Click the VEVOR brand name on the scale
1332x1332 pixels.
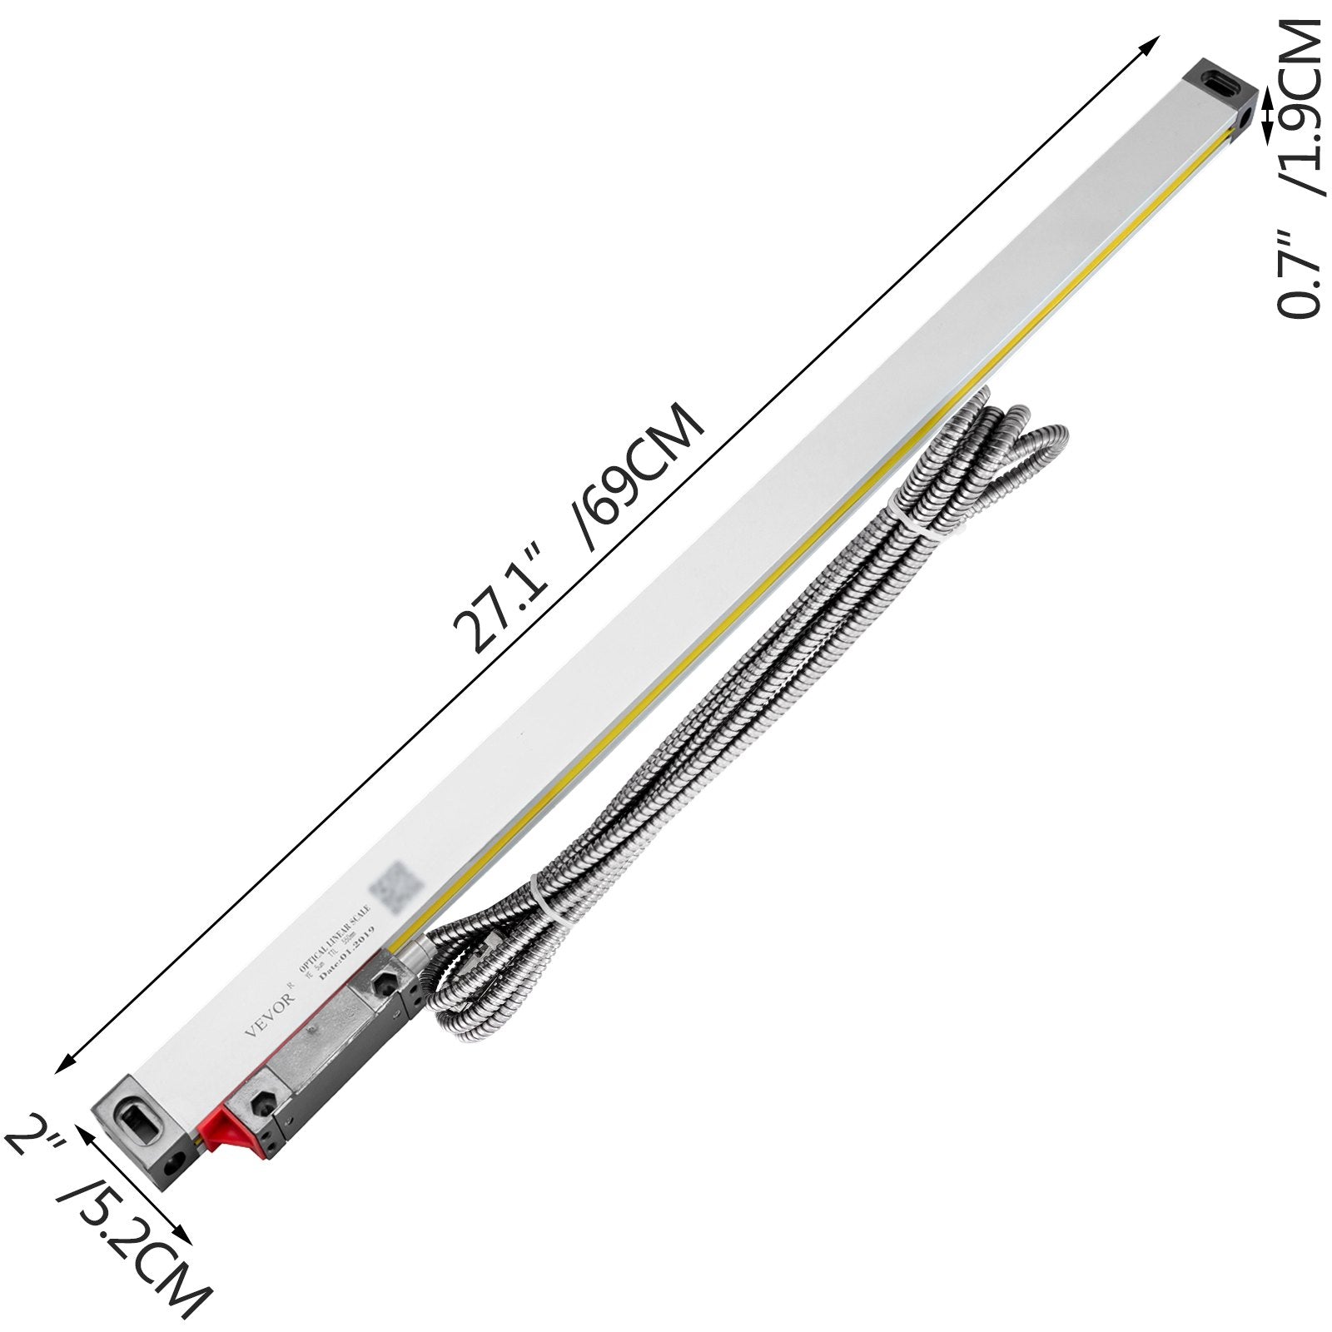tap(268, 1016)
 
